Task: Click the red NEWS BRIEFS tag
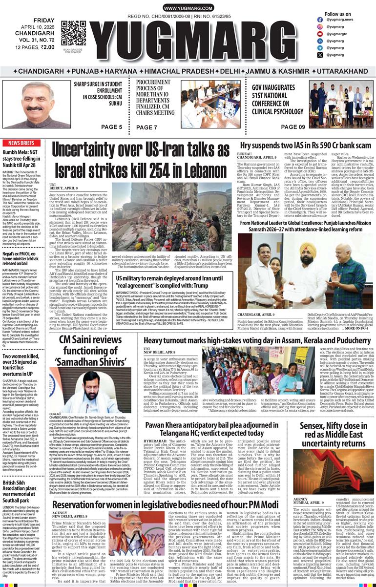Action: coord(21,143)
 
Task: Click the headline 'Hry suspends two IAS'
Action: coord(305,146)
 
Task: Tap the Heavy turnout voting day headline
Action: coord(256,326)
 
